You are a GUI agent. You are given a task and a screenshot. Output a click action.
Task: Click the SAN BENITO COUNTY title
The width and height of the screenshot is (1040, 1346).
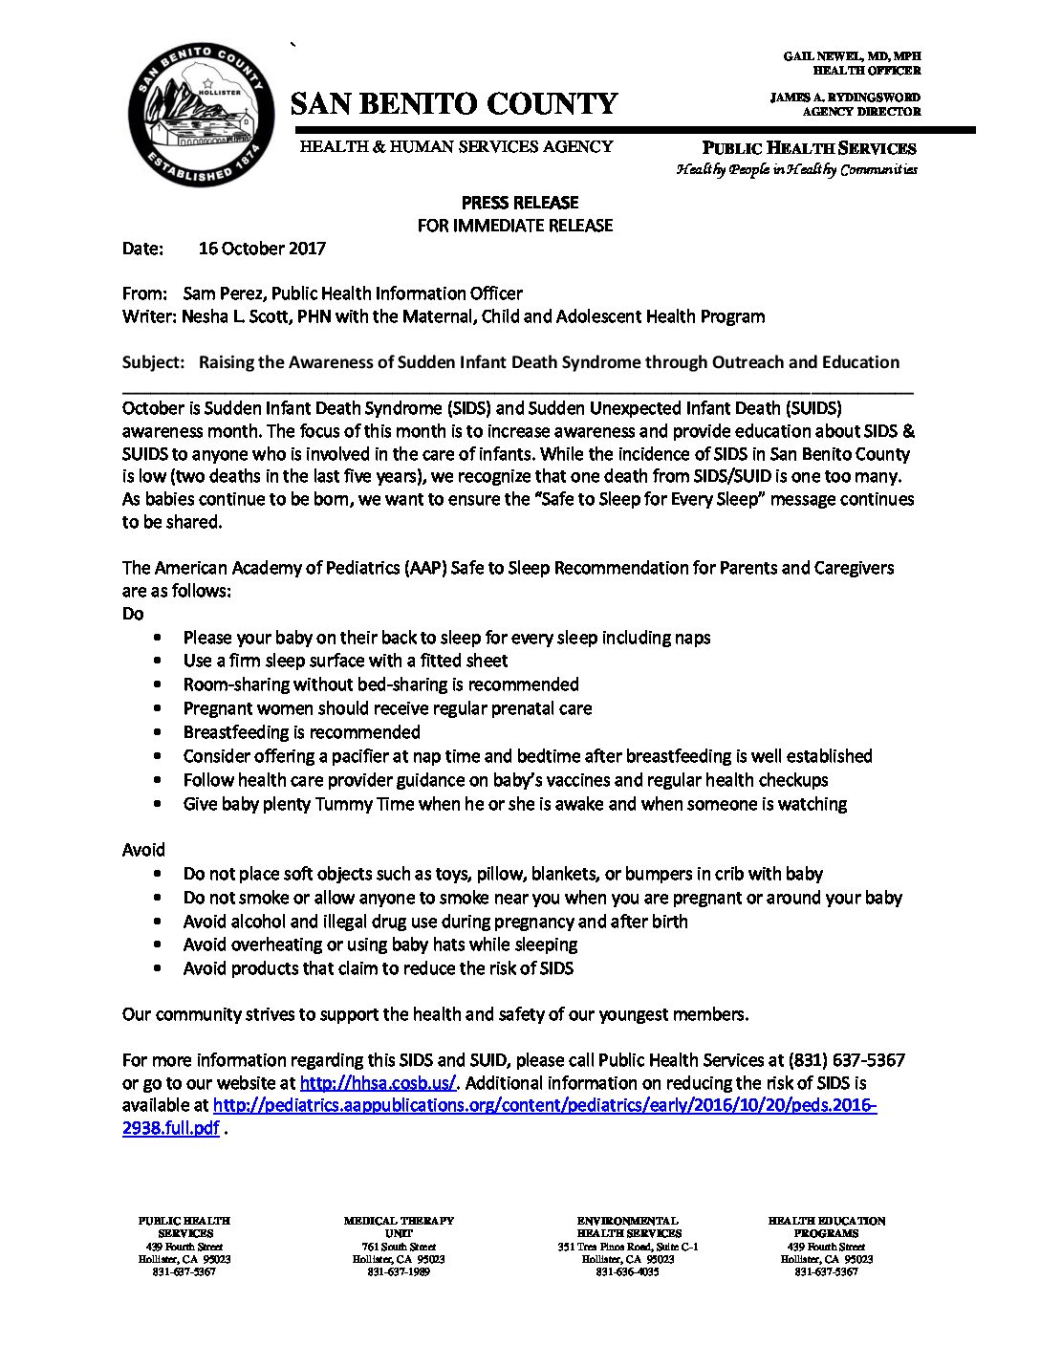(x=454, y=103)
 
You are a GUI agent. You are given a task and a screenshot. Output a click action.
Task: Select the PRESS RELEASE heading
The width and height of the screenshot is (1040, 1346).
(x=520, y=203)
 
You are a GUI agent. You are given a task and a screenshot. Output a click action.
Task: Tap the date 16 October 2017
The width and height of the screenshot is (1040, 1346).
(x=262, y=249)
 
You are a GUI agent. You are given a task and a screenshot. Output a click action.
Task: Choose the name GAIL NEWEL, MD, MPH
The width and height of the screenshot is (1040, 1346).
(x=852, y=57)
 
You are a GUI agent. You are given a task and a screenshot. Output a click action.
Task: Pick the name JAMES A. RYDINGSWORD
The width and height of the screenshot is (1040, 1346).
(x=845, y=98)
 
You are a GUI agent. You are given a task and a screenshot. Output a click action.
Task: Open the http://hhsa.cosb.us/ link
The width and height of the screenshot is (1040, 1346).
(x=379, y=1083)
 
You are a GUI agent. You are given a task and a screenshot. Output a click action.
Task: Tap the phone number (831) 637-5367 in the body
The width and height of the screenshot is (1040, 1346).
(x=846, y=1060)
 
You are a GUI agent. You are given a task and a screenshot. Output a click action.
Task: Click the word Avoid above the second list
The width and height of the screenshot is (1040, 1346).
(x=143, y=850)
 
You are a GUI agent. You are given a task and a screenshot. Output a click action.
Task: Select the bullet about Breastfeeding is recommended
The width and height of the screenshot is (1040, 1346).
(x=301, y=732)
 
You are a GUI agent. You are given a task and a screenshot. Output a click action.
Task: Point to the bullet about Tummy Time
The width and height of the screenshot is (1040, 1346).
(x=514, y=804)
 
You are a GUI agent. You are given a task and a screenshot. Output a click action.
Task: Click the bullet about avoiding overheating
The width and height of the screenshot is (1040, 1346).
(x=379, y=944)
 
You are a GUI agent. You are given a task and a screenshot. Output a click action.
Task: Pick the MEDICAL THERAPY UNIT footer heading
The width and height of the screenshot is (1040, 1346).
(x=399, y=1227)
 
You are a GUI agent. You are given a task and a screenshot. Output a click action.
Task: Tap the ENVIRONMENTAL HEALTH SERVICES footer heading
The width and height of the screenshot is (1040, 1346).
(x=627, y=1227)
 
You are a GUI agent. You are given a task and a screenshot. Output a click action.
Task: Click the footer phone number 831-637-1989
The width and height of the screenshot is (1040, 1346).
(x=399, y=1271)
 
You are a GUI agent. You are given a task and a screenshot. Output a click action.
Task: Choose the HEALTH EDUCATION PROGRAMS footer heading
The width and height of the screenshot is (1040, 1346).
(x=826, y=1227)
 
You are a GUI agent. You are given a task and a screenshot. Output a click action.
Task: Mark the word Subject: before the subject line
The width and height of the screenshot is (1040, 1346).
(x=153, y=362)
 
